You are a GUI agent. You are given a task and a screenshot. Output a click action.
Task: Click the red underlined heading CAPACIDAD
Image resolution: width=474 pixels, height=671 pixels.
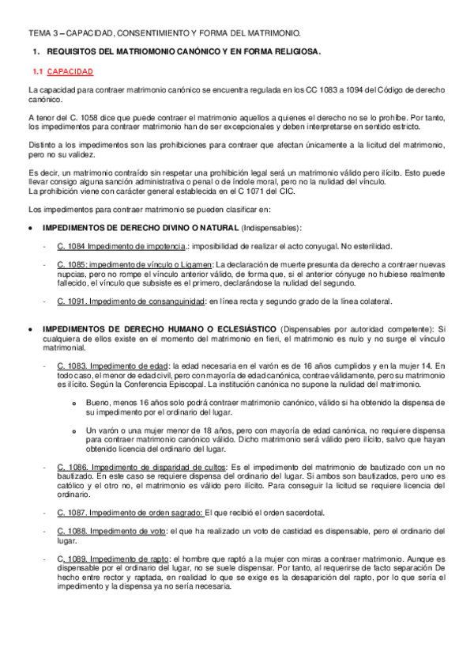coord(70,72)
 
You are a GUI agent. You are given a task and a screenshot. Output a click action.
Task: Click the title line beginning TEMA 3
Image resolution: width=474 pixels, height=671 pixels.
coord(164,33)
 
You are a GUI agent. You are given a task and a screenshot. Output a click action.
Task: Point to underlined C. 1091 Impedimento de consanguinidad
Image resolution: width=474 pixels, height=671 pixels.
coord(130,301)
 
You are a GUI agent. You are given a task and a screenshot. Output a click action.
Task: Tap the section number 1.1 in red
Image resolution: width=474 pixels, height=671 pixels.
coord(36,72)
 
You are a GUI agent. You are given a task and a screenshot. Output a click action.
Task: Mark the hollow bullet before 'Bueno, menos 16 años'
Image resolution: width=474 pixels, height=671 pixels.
coord(73,403)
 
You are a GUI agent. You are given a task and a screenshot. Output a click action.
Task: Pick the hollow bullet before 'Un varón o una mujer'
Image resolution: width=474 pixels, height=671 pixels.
coord(73,431)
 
